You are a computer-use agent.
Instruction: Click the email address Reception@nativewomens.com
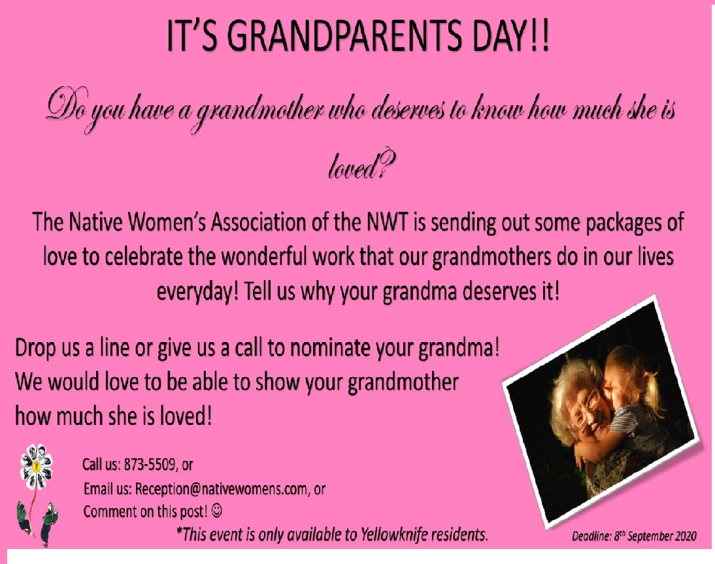click(x=221, y=489)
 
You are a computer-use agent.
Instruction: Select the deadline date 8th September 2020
click(x=656, y=536)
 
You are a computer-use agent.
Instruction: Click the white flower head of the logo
click(x=37, y=466)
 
